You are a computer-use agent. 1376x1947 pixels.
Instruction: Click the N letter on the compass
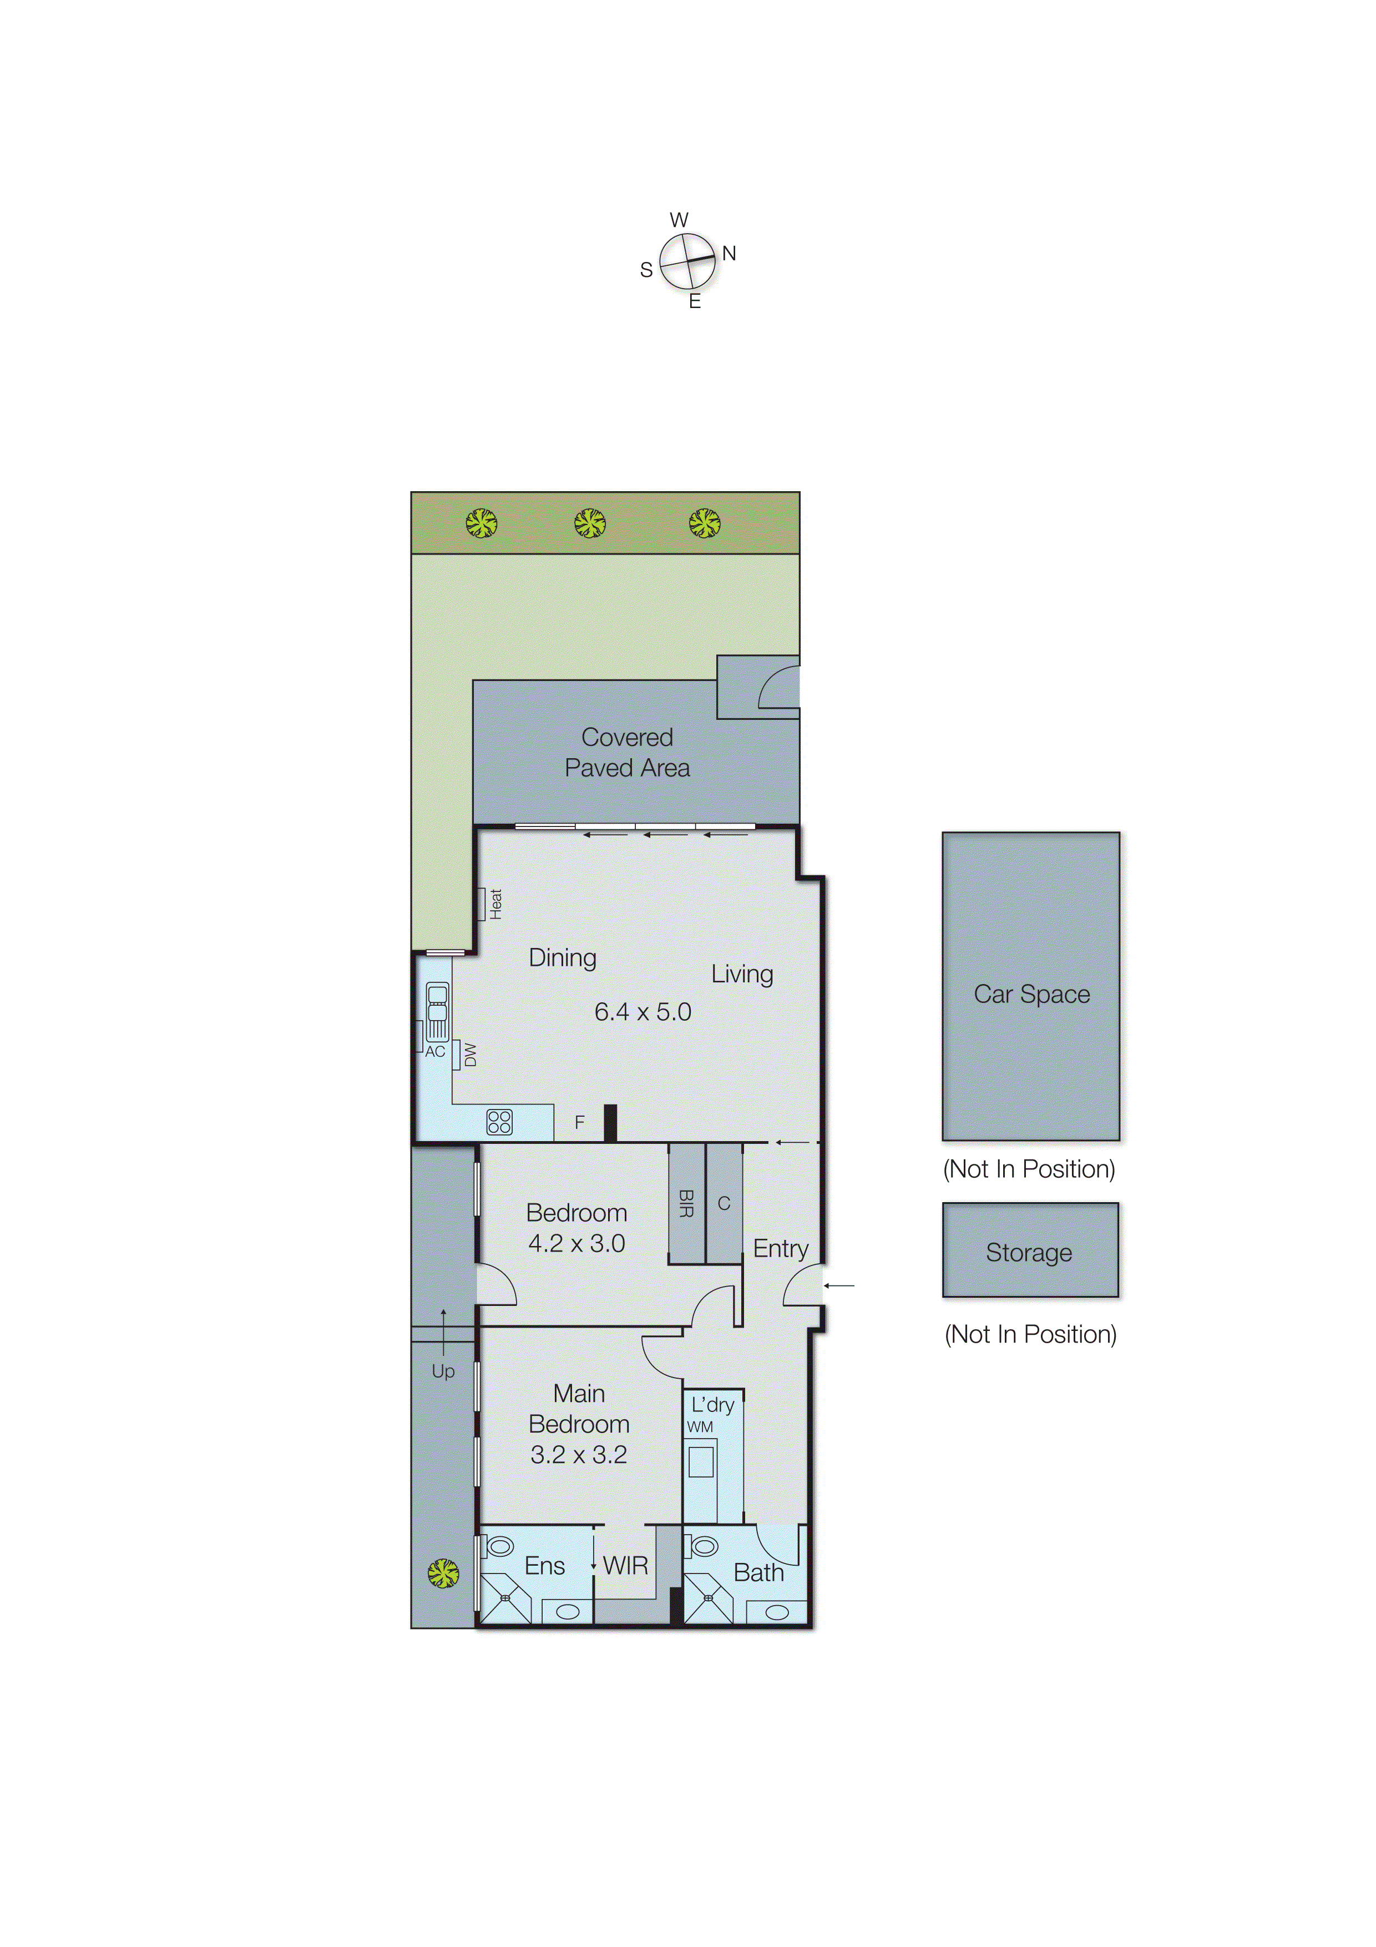pyautogui.click(x=729, y=254)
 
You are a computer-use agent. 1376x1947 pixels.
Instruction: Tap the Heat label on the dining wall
pyautogui.click(x=495, y=904)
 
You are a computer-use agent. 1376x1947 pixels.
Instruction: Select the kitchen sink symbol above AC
pyautogui.click(x=437, y=1010)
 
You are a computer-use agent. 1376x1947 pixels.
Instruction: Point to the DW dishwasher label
pyautogui.click(x=471, y=1055)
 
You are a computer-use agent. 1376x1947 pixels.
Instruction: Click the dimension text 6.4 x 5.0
pyautogui.click(x=643, y=1012)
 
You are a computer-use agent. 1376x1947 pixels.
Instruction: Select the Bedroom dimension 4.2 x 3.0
pyautogui.click(x=576, y=1243)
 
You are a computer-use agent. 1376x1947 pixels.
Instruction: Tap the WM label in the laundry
pyautogui.click(x=700, y=1426)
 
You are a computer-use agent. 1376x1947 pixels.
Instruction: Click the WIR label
pyautogui.click(x=626, y=1565)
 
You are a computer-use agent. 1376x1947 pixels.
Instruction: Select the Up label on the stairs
pyautogui.click(x=443, y=1371)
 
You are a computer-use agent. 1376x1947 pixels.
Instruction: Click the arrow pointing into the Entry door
pyautogui.click(x=839, y=1285)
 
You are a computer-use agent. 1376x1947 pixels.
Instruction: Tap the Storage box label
pyautogui.click(x=1029, y=1253)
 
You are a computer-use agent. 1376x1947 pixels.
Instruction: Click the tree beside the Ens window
pyautogui.click(x=443, y=1573)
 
